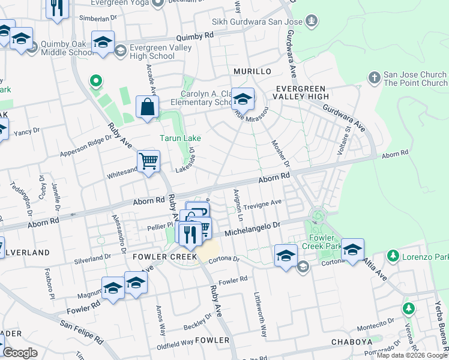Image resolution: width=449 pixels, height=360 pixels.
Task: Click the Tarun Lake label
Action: [180, 138]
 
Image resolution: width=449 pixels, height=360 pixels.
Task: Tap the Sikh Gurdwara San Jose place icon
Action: [311, 22]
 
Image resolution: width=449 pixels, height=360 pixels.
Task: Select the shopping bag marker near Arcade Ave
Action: [147, 107]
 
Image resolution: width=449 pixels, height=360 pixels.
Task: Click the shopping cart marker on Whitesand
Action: [148, 161]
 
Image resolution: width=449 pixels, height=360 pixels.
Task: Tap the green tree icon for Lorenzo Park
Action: [393, 256]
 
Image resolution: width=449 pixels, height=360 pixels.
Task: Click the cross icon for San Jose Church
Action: [374, 78]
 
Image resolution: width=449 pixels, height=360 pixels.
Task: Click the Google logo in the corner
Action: [20, 353]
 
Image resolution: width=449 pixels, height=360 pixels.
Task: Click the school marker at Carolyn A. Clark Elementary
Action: [243, 98]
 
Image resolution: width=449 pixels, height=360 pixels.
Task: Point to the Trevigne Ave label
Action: [262, 205]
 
